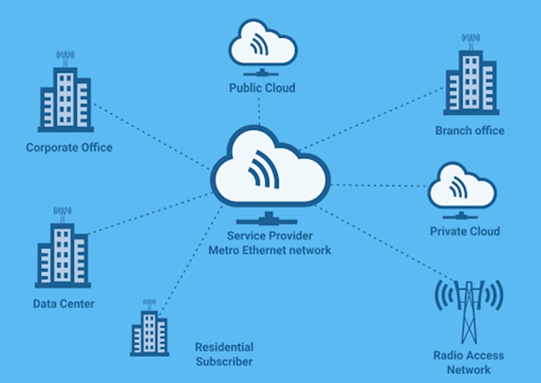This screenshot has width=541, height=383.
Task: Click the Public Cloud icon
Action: click(x=261, y=47)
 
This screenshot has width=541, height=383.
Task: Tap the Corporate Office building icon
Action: click(x=66, y=95)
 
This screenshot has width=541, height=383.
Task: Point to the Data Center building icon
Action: click(x=63, y=250)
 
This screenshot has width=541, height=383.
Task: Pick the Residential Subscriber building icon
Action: click(x=149, y=327)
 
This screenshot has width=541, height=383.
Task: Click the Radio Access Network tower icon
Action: click(x=468, y=310)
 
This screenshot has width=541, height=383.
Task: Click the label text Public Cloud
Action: click(x=261, y=88)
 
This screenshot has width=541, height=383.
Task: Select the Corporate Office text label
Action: click(x=69, y=148)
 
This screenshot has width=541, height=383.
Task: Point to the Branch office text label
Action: click(x=470, y=130)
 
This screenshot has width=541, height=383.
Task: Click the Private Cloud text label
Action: click(x=465, y=231)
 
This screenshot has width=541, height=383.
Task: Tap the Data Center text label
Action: click(x=63, y=304)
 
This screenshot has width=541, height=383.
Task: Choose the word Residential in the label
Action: click(x=224, y=347)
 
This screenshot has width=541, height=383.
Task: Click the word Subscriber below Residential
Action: click(x=224, y=362)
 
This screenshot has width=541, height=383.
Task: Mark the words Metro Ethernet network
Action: click(x=270, y=250)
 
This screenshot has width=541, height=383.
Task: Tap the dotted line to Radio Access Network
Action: click(x=384, y=244)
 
